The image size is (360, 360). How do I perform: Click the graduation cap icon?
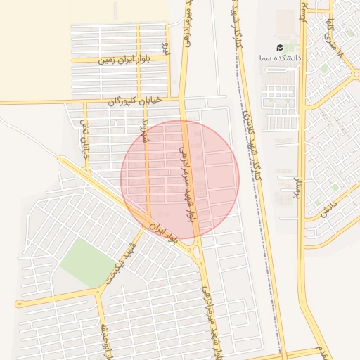pos(280,47)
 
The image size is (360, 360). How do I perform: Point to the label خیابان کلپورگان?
pos(135,101)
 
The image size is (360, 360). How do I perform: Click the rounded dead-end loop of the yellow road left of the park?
pos(18,304)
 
